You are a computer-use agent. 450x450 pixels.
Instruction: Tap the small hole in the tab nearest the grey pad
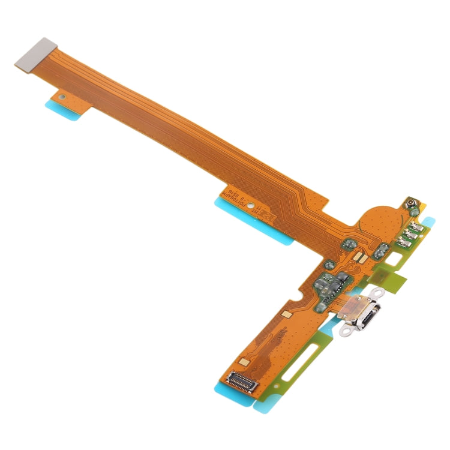click(61, 95)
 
